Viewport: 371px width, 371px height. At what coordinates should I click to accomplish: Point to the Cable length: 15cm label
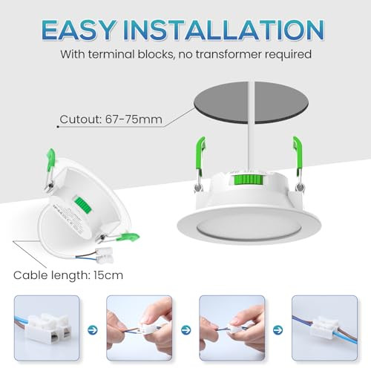pos(68,275)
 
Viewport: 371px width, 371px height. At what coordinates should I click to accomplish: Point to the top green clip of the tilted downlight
pos(50,157)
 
